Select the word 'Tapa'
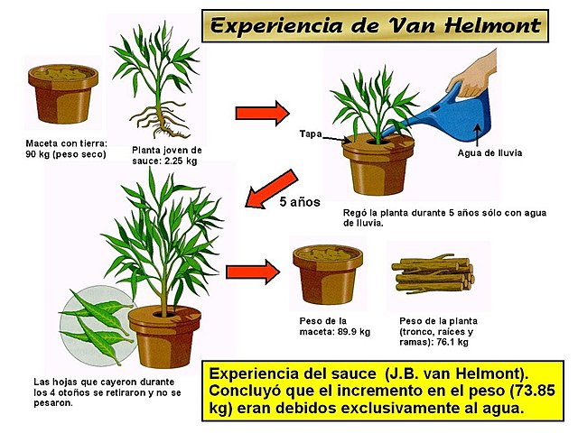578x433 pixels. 310,134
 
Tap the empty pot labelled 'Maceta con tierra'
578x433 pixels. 62,95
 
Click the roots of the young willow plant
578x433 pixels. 159,117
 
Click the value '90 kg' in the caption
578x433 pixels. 41,154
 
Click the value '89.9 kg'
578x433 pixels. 352,332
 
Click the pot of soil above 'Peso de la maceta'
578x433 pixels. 327,274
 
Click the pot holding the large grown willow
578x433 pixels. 164,333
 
